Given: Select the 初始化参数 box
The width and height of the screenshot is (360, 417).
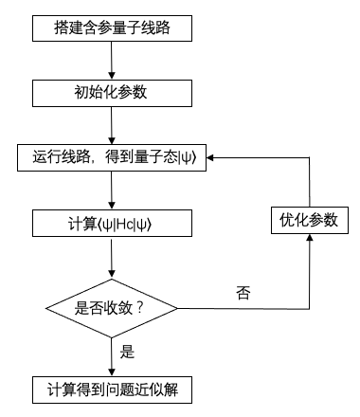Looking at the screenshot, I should pos(112,93).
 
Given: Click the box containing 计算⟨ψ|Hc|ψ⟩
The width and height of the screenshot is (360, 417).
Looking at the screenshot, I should pos(112,224).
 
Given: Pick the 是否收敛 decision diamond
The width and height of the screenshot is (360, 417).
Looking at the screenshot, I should pos(112,308).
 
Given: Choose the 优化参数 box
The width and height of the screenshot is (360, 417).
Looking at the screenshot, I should pos(308,220).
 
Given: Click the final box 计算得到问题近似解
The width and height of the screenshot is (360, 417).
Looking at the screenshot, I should pos(112,389).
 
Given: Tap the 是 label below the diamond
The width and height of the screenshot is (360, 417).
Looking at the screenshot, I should pos(128,353).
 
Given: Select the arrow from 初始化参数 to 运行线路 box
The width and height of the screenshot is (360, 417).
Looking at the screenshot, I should pos(112,125).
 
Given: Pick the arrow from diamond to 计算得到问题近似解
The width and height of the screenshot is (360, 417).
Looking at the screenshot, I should pos(112,355).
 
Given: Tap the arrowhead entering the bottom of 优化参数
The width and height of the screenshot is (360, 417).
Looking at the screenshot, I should pos(308,243).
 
